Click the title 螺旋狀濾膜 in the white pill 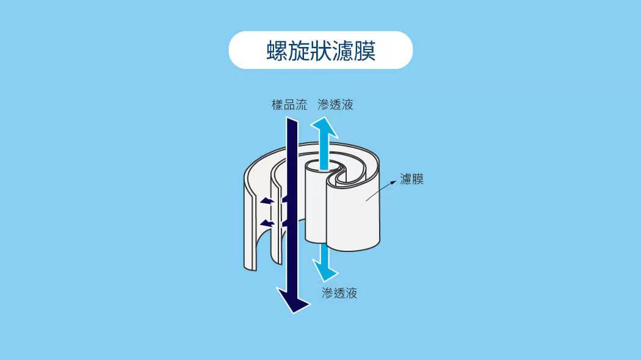pos(320,50)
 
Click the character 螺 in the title pos(276,50)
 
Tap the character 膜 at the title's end pos(365,50)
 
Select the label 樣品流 pos(289,104)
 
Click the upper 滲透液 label pos(335,104)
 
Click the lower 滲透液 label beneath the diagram pos(339,293)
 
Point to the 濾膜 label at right pos(411,179)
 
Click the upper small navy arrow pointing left pos(267,201)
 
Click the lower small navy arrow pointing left pos(267,223)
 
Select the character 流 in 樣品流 pos(301,104)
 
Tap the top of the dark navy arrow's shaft pos(291,122)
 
